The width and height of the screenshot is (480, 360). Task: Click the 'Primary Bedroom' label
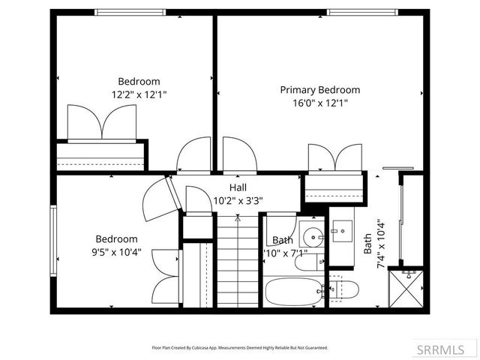pos(319,90)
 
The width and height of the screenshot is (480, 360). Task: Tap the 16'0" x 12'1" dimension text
pos(319,103)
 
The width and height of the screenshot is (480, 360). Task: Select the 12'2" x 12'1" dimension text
pos(139,95)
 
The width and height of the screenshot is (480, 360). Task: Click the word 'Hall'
pos(238,187)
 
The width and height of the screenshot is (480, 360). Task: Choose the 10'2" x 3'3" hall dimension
pos(238,200)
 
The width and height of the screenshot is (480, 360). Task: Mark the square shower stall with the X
pos(409,288)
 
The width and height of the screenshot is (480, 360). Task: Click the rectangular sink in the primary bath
pos(343,230)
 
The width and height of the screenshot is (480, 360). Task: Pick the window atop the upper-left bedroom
pos(131,12)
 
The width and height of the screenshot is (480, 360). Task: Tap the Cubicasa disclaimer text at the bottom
pos(240,348)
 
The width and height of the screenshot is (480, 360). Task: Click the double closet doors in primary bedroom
pos(335,158)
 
